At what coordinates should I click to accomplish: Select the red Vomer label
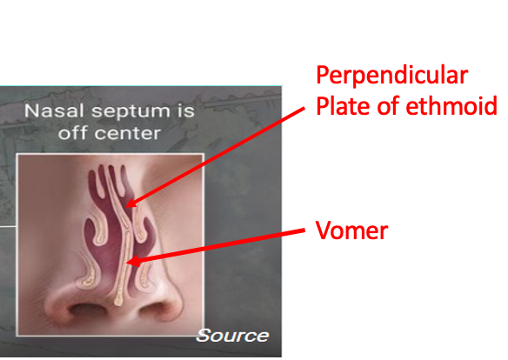click(x=351, y=231)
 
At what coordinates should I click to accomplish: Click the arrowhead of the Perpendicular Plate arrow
click(x=127, y=205)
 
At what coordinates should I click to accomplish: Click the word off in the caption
click(x=72, y=135)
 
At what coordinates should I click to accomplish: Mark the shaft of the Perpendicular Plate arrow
click(x=217, y=157)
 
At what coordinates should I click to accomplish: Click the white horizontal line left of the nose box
click(x=7, y=224)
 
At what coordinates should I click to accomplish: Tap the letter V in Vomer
click(x=324, y=231)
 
